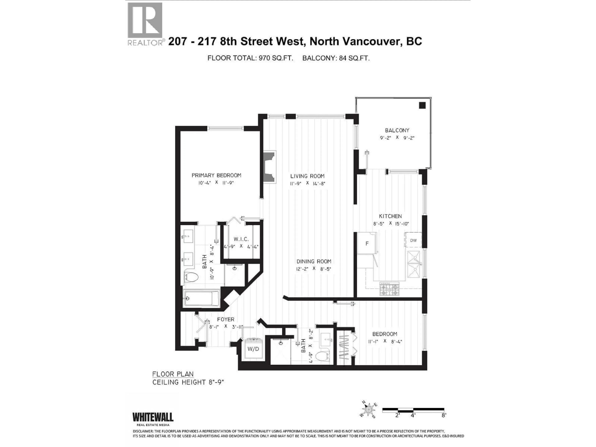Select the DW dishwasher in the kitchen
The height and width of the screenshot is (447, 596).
click(x=413, y=240)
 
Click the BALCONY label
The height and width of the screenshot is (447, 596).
click(x=397, y=130)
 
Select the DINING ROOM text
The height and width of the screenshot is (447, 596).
click(x=314, y=261)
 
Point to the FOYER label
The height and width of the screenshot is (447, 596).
click(x=226, y=319)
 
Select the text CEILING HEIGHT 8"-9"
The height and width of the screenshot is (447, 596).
click(x=188, y=382)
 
